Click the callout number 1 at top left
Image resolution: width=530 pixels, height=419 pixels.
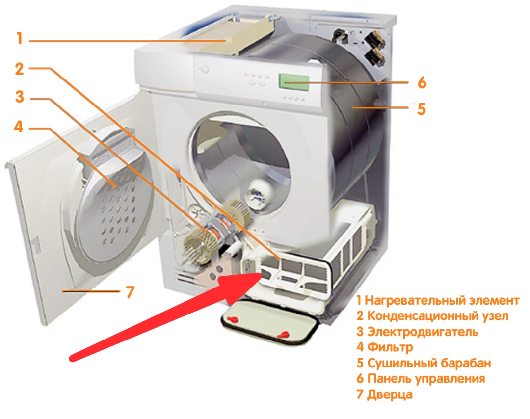[20, 38]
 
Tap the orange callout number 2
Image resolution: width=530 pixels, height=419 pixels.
[20, 69]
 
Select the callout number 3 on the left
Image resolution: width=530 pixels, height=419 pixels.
[20, 96]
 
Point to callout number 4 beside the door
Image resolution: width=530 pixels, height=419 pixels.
[19, 127]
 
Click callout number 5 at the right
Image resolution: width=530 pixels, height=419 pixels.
[422, 109]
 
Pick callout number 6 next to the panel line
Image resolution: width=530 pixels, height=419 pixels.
[422, 82]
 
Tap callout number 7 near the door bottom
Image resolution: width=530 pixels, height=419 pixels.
[130, 292]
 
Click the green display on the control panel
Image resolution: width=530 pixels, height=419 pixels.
[294, 82]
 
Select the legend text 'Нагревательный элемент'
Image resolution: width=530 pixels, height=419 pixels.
[442, 300]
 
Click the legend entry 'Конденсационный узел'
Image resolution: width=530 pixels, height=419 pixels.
[438, 316]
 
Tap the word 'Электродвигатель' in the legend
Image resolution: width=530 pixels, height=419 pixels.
[423, 332]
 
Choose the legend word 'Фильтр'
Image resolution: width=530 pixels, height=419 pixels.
[390, 347]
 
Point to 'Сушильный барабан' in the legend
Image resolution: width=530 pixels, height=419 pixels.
[429, 363]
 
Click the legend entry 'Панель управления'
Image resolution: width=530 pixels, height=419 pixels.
[426, 378]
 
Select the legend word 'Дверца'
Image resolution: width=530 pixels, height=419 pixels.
[390, 394]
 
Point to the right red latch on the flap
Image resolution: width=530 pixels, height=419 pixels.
[283, 335]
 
